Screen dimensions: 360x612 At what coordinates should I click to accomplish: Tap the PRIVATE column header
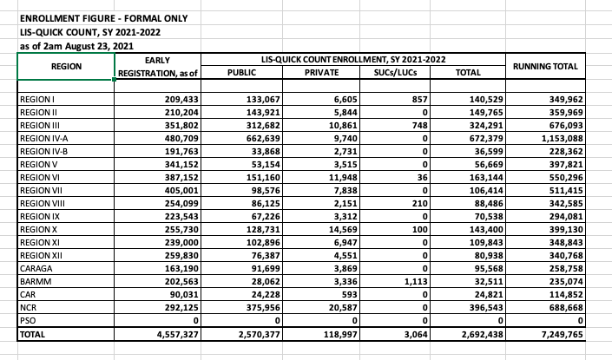(x=322, y=73)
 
